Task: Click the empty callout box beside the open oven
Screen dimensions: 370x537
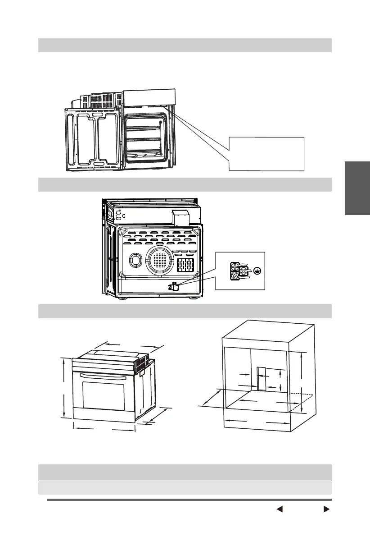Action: [267, 153]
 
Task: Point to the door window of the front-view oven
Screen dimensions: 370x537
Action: [103, 395]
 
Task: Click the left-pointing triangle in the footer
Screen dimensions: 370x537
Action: [279, 509]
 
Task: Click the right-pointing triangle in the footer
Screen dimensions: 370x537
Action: [327, 509]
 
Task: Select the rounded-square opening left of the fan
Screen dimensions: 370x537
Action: [135, 261]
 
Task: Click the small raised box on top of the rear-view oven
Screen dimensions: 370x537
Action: [181, 218]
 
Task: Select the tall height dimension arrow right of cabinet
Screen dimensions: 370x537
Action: [302, 383]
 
